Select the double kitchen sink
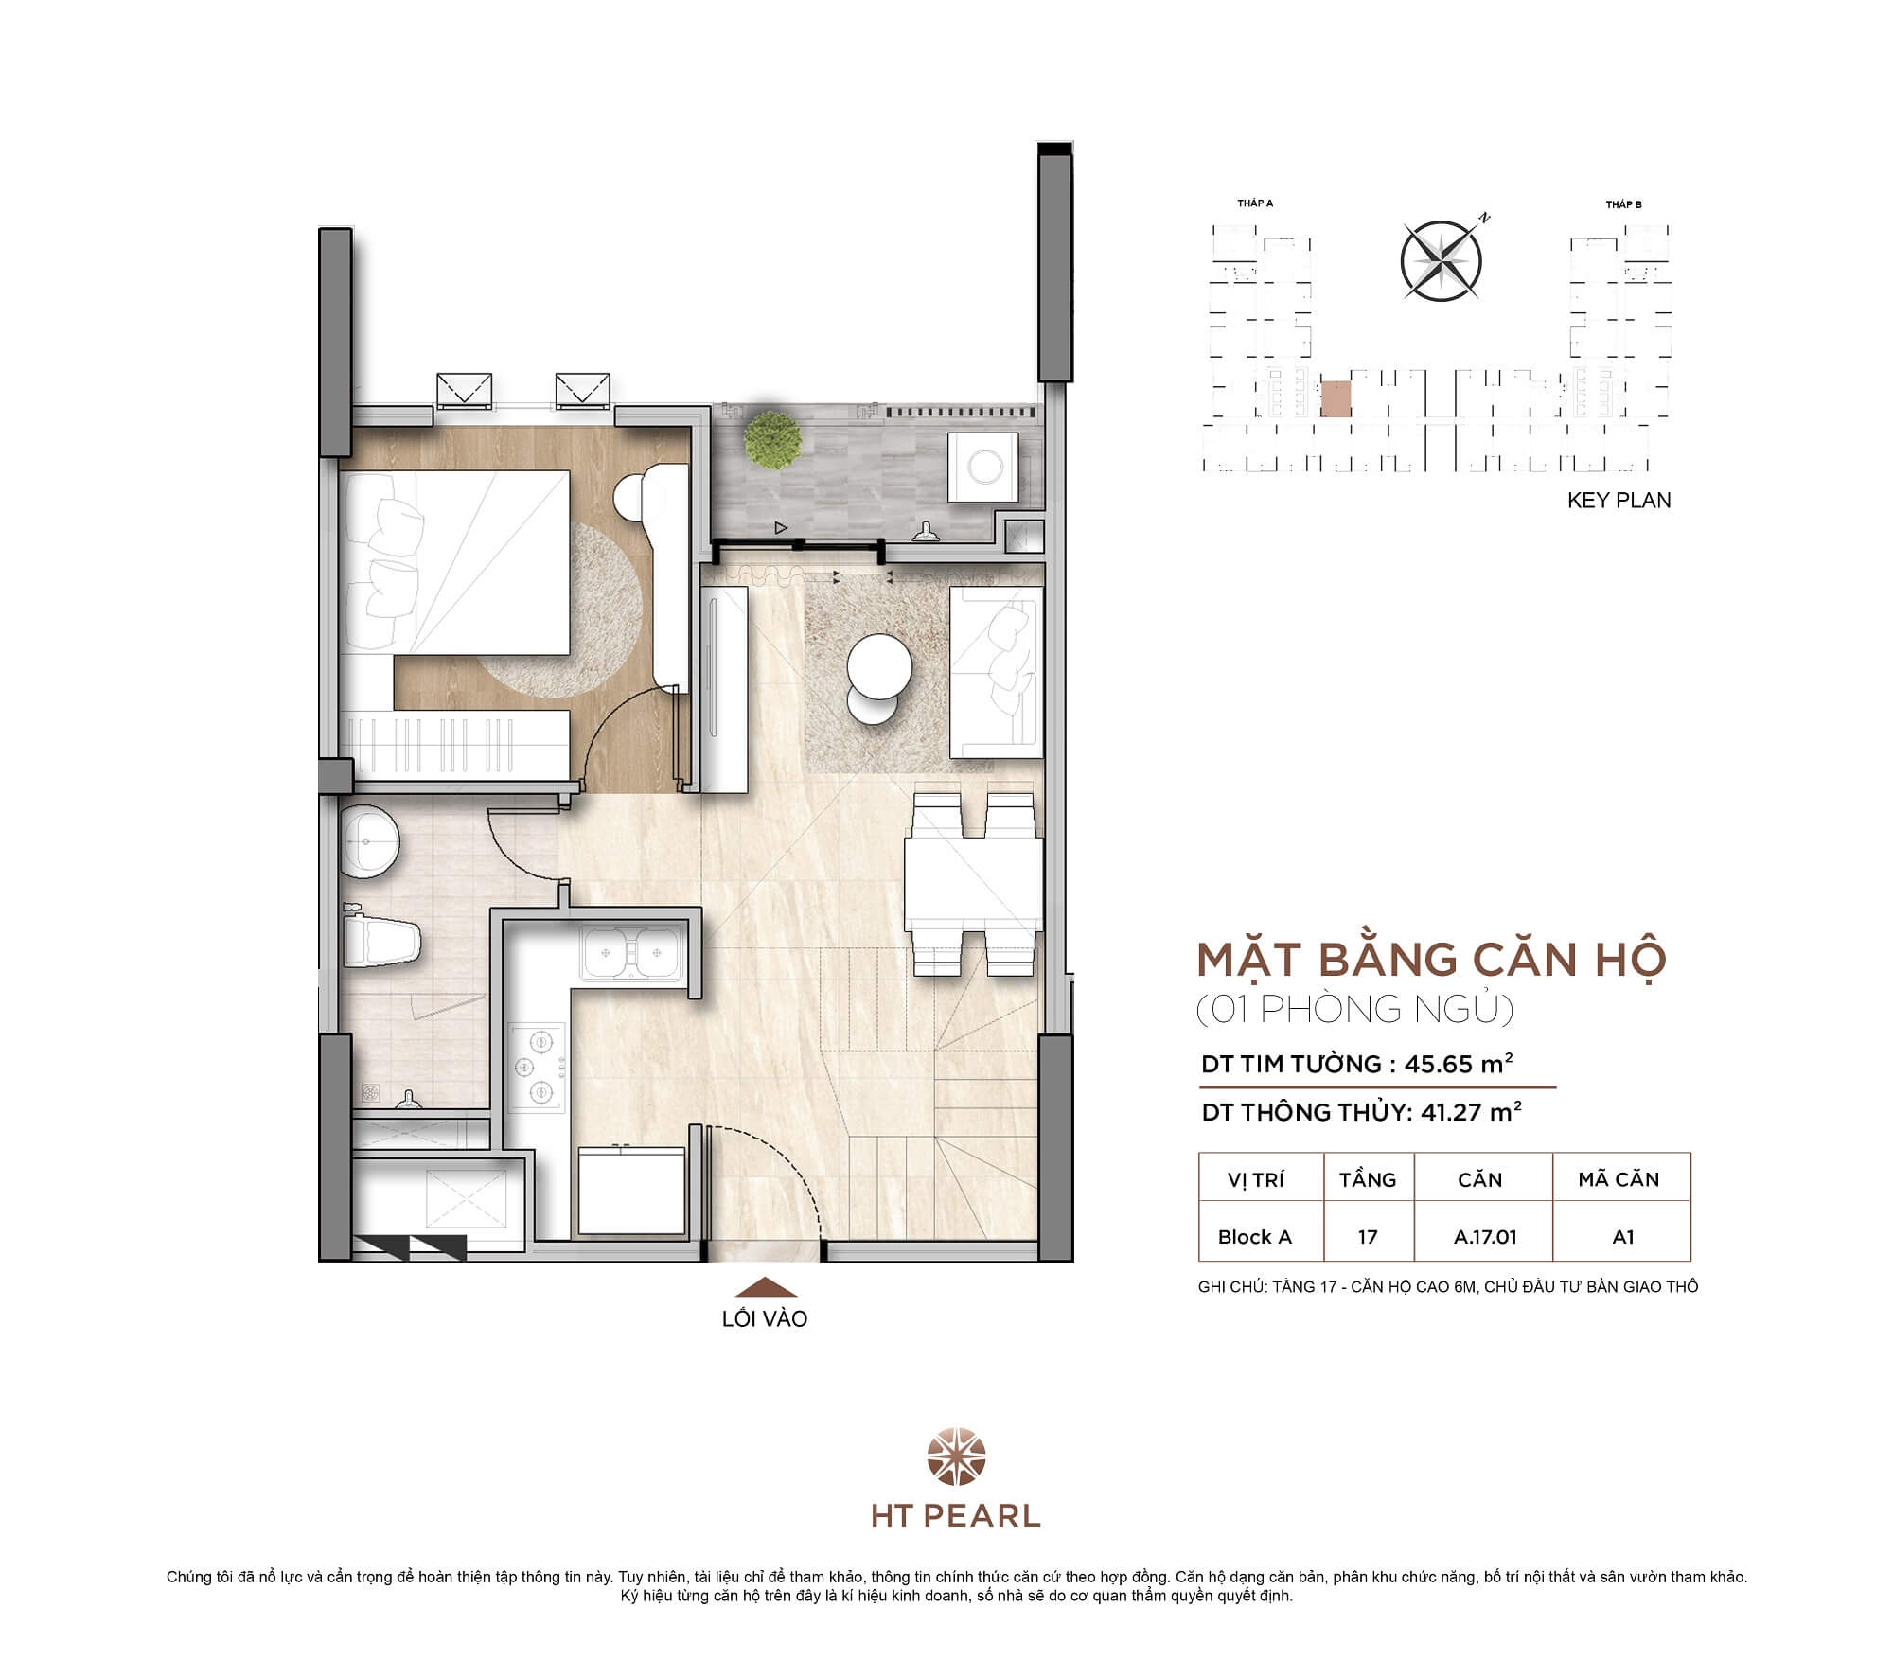pos(631,952)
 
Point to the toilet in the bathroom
pos(382,942)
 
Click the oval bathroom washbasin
pos(370,839)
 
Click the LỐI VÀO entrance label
pos(765,1318)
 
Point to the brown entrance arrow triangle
pos(766,1286)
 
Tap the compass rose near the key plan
pos(1441,261)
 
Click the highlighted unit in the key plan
pos(1335,399)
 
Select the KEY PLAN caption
pos(1619,501)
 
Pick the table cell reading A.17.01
pos(1484,1237)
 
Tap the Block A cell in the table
pos(1254,1237)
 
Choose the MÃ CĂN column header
pos(1619,1179)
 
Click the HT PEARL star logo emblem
pos(956,1457)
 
